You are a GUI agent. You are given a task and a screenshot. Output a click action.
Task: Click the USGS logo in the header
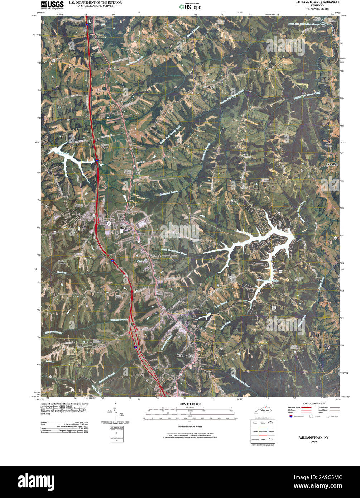pos(52,5)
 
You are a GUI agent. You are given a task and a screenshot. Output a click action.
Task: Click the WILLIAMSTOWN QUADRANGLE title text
pos(317,2)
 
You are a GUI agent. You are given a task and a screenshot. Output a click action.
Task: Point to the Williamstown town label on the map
pos(186,356)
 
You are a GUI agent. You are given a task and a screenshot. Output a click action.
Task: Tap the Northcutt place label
pos(209,87)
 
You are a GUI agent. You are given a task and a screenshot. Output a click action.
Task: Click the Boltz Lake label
pos(53,153)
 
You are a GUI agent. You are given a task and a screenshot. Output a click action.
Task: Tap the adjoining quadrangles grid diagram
pos(263,431)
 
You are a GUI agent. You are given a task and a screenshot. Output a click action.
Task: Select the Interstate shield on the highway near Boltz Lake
pos(97,161)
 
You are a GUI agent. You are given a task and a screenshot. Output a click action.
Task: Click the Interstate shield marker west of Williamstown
pos(135,347)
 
